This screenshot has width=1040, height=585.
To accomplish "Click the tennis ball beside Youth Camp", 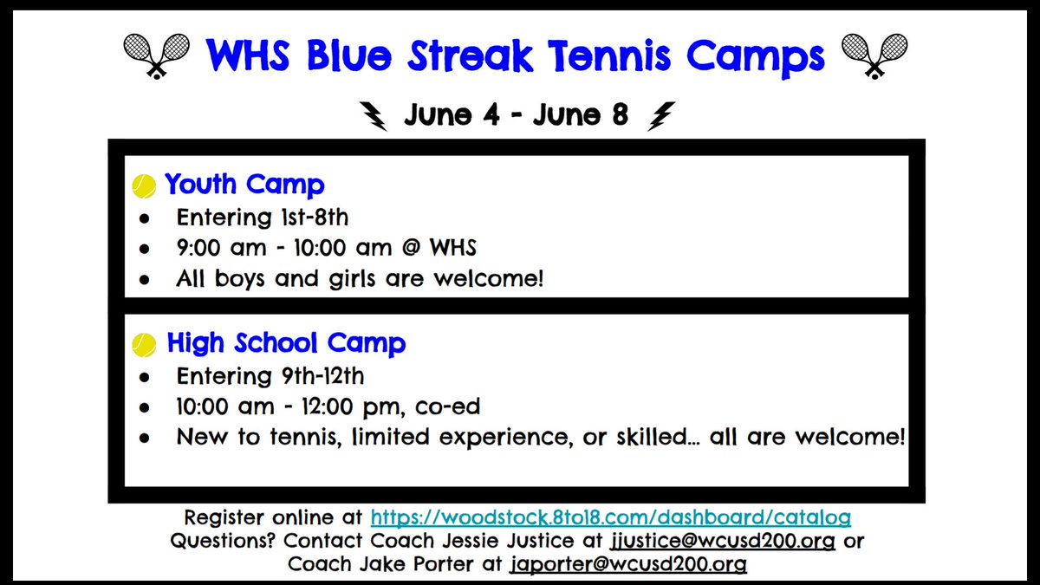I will (143, 186).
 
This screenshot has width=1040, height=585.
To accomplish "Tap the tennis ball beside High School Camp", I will (143, 345).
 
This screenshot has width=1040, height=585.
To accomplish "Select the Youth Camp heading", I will (244, 185).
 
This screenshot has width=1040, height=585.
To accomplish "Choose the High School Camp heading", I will (286, 344).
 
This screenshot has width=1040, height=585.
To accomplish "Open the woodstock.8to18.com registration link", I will (610, 518).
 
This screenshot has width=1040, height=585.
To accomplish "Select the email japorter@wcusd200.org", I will (628, 565).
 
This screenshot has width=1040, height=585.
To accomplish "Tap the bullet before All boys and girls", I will (144, 281).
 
